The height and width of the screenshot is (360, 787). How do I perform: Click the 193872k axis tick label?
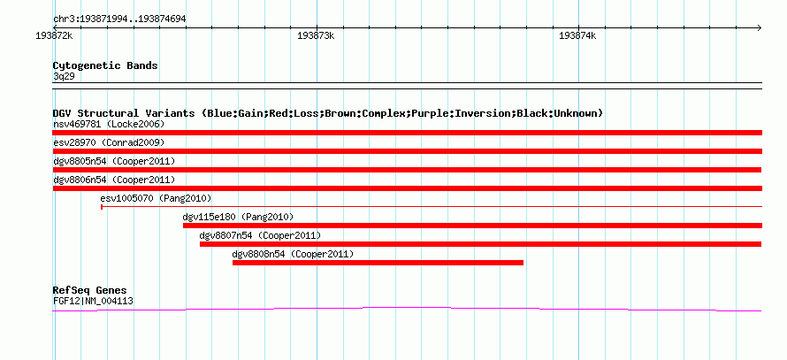(55, 36)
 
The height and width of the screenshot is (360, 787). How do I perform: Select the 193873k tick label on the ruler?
(316, 36)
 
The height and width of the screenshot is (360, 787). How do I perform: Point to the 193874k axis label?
(577, 36)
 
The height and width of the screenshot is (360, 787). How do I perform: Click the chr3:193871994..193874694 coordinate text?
(119, 19)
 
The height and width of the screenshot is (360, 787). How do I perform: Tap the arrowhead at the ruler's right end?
(760, 27)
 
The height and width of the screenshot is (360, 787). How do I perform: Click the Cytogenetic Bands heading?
(105, 65)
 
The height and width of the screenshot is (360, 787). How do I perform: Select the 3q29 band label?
(64, 77)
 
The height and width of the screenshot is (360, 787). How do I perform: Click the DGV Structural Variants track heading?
(328, 113)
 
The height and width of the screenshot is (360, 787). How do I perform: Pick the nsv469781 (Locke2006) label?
(109, 124)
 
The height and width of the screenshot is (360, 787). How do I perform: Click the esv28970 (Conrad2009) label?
(109, 142)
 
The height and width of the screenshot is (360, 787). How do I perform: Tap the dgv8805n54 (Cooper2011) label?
(114, 161)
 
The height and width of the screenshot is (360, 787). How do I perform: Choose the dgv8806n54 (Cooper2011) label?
(114, 180)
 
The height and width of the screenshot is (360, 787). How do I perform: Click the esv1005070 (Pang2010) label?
(157, 198)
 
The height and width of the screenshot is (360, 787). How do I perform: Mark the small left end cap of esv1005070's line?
(102, 206)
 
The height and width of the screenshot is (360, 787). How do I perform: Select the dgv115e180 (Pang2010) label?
(238, 217)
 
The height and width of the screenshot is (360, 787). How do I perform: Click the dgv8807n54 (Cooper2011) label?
(260, 235)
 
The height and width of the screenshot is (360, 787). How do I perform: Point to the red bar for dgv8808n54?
(378, 263)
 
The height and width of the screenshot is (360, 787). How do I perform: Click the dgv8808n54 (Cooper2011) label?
(293, 254)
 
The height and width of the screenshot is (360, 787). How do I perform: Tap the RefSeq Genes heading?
(90, 290)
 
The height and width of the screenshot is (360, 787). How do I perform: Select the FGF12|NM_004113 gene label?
(93, 302)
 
